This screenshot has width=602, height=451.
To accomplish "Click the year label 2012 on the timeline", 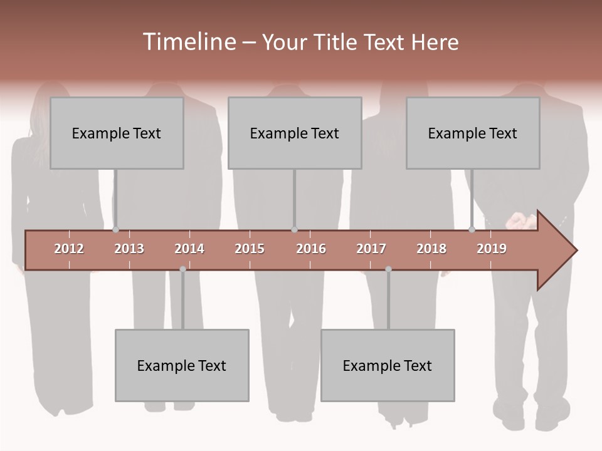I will coord(69,249).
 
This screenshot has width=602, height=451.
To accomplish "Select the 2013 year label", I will coord(129,249).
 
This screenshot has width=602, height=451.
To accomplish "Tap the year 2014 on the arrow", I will coord(189,249).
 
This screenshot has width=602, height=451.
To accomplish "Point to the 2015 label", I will coord(250,249).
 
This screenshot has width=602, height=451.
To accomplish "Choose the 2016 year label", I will coord(311,249).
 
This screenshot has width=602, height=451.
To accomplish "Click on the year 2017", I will coord(371,249).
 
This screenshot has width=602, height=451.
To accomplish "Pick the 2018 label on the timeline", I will coord(431,249).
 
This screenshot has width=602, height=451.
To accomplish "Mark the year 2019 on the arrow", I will coord(492,249).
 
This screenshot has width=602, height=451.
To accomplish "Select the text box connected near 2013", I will coord(117,133).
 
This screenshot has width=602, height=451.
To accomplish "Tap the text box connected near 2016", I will coord(295,133).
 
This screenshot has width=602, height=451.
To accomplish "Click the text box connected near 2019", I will coord(473,133).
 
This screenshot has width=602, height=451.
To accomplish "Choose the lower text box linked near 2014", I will coord(182,365).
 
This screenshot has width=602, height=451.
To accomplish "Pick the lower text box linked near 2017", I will coord(388,365).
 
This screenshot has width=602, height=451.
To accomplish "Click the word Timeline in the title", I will coord(189,42).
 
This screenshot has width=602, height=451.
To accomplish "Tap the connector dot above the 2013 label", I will coord(115,230).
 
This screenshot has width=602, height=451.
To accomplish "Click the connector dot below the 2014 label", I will coord(182,269).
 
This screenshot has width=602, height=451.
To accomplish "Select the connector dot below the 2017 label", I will coord(388,269).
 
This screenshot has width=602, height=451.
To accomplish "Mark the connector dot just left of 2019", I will coord(472,230).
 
